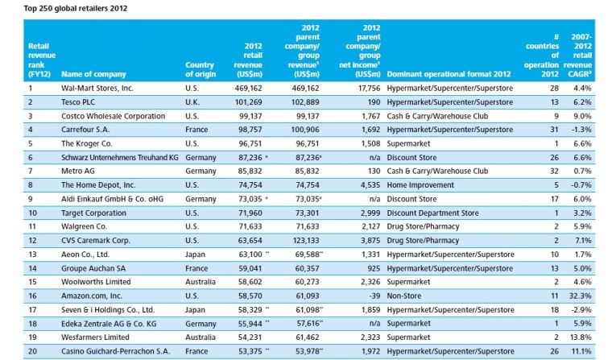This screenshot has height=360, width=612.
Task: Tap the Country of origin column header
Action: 201,68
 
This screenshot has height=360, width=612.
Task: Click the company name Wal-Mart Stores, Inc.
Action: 97,87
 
